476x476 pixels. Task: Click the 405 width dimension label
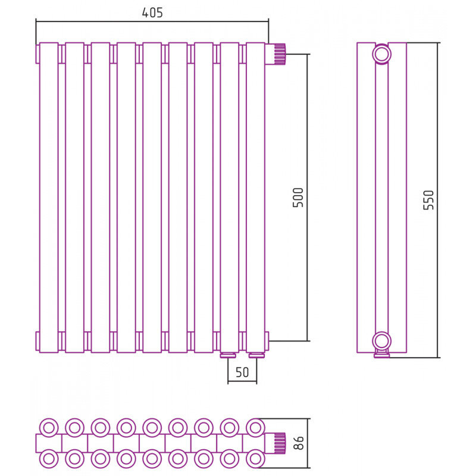pos(152,12)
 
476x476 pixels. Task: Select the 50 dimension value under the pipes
pos(242,373)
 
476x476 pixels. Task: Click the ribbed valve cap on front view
pos(277,54)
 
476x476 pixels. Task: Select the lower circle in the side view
pos(381,341)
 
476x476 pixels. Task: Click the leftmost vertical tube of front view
pos(49,196)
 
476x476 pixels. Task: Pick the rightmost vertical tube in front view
pos(255,196)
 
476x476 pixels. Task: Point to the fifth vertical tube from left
pos(152,196)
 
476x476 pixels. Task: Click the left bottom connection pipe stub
pos(228,355)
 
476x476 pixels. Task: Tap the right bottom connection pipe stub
pos(256,355)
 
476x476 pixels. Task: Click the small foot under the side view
pos(382,355)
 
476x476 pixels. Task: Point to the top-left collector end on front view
pos(37,54)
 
